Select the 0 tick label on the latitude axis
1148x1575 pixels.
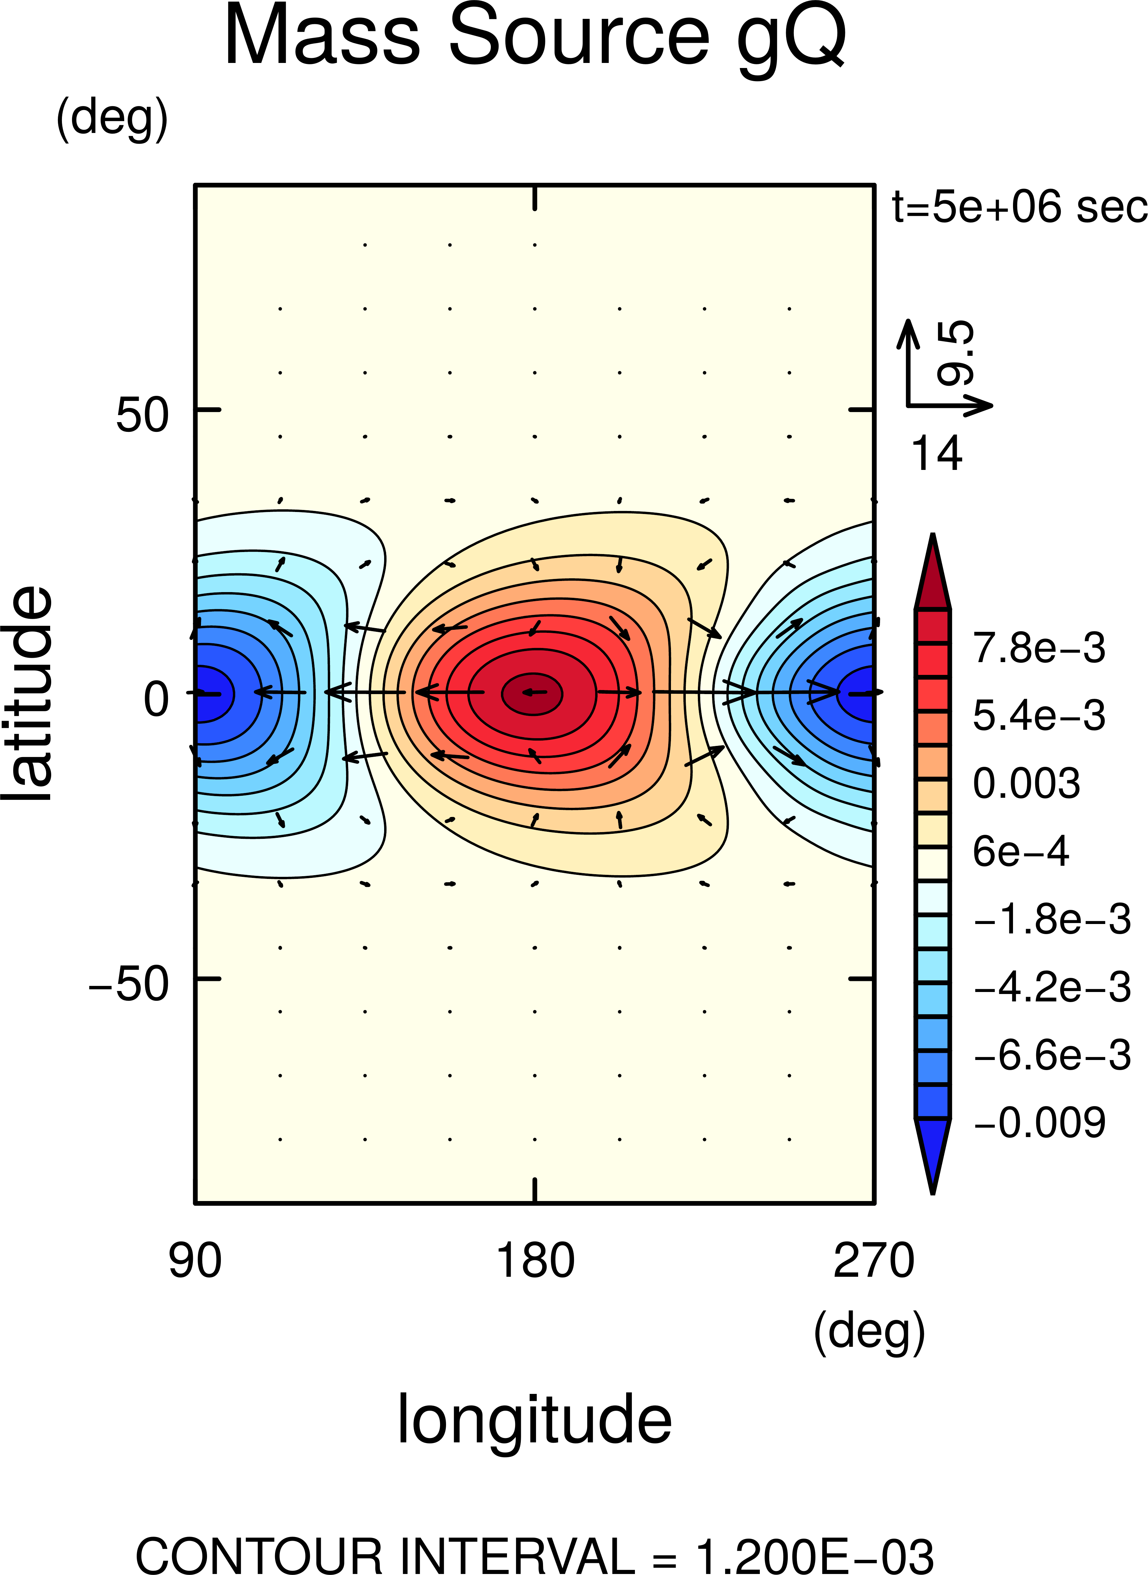156,699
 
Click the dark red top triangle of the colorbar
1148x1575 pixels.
933,571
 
